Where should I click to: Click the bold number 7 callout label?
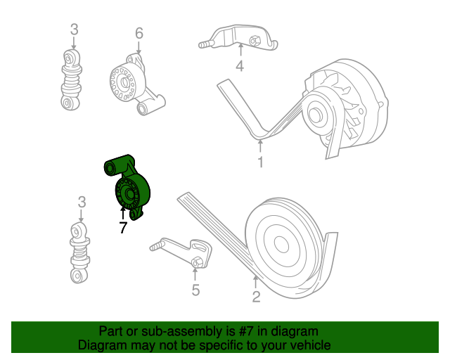123,228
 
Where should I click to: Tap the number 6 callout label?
139,33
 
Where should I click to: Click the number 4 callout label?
240,66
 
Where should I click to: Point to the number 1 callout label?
260,162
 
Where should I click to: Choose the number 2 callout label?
256,297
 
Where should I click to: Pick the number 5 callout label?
195,290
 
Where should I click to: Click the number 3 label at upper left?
74,30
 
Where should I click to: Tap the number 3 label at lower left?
82,202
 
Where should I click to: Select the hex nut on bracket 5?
197,262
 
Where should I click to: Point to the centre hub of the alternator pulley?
316,115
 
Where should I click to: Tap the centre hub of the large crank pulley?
281,244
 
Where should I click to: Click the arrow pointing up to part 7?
123,213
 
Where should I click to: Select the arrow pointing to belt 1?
260,146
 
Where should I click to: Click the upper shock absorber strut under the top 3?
71,79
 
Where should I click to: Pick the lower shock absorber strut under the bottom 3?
79,252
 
